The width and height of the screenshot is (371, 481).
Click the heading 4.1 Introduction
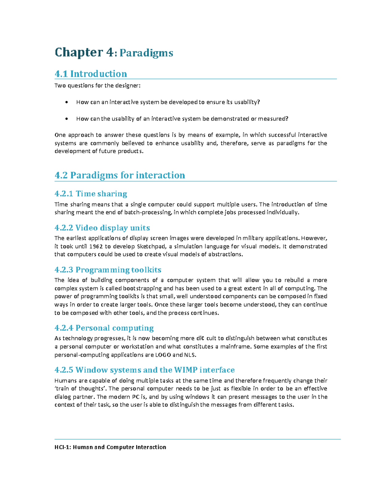coord(91,74)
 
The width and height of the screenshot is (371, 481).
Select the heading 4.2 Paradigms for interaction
coord(120,175)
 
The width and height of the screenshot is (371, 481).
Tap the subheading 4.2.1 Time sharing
coord(91,194)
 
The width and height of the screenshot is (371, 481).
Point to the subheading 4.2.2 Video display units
coord(102,228)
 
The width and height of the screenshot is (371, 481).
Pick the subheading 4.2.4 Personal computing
coord(104,328)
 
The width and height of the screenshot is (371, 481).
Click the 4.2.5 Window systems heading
coord(144,370)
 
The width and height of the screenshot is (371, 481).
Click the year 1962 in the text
coord(96,247)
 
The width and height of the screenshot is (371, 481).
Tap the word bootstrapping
coord(144,288)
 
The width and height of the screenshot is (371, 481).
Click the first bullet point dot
coord(66,102)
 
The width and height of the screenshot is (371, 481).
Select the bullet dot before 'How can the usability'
coord(66,119)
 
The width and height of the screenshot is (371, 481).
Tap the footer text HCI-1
coord(63,447)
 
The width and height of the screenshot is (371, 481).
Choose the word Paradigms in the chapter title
coord(146,53)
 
